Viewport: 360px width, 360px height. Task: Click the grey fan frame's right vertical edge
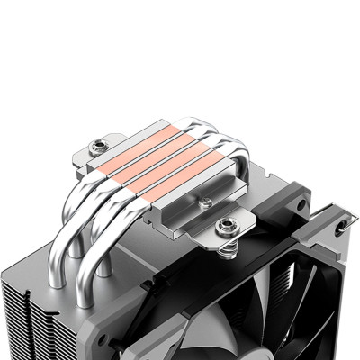[x=352, y=270]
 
